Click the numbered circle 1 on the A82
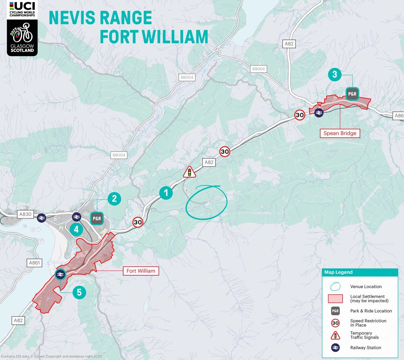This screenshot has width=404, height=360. [x=166, y=193]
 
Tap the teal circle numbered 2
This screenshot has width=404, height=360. [x=114, y=199]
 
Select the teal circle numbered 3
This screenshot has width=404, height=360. [x=335, y=74]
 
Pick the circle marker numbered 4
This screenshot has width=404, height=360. [x=76, y=230]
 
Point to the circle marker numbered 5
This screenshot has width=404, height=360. [x=79, y=292]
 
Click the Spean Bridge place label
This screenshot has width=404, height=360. [x=339, y=133]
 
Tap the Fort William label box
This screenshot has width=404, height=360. [x=141, y=271]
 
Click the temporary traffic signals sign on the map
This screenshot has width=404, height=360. [x=189, y=172]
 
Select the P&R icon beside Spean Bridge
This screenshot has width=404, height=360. [x=352, y=94]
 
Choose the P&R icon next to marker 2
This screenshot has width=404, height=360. [x=97, y=218]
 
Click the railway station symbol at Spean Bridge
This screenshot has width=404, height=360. [x=318, y=112]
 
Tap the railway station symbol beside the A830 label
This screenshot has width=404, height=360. [x=41, y=218]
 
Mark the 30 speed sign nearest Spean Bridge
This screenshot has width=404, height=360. [x=300, y=115]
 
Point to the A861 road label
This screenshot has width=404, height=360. [x=34, y=263]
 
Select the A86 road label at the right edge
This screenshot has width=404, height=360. [x=398, y=116]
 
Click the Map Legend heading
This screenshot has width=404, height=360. [x=338, y=272]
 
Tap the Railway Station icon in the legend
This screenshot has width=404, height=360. [x=335, y=348]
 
